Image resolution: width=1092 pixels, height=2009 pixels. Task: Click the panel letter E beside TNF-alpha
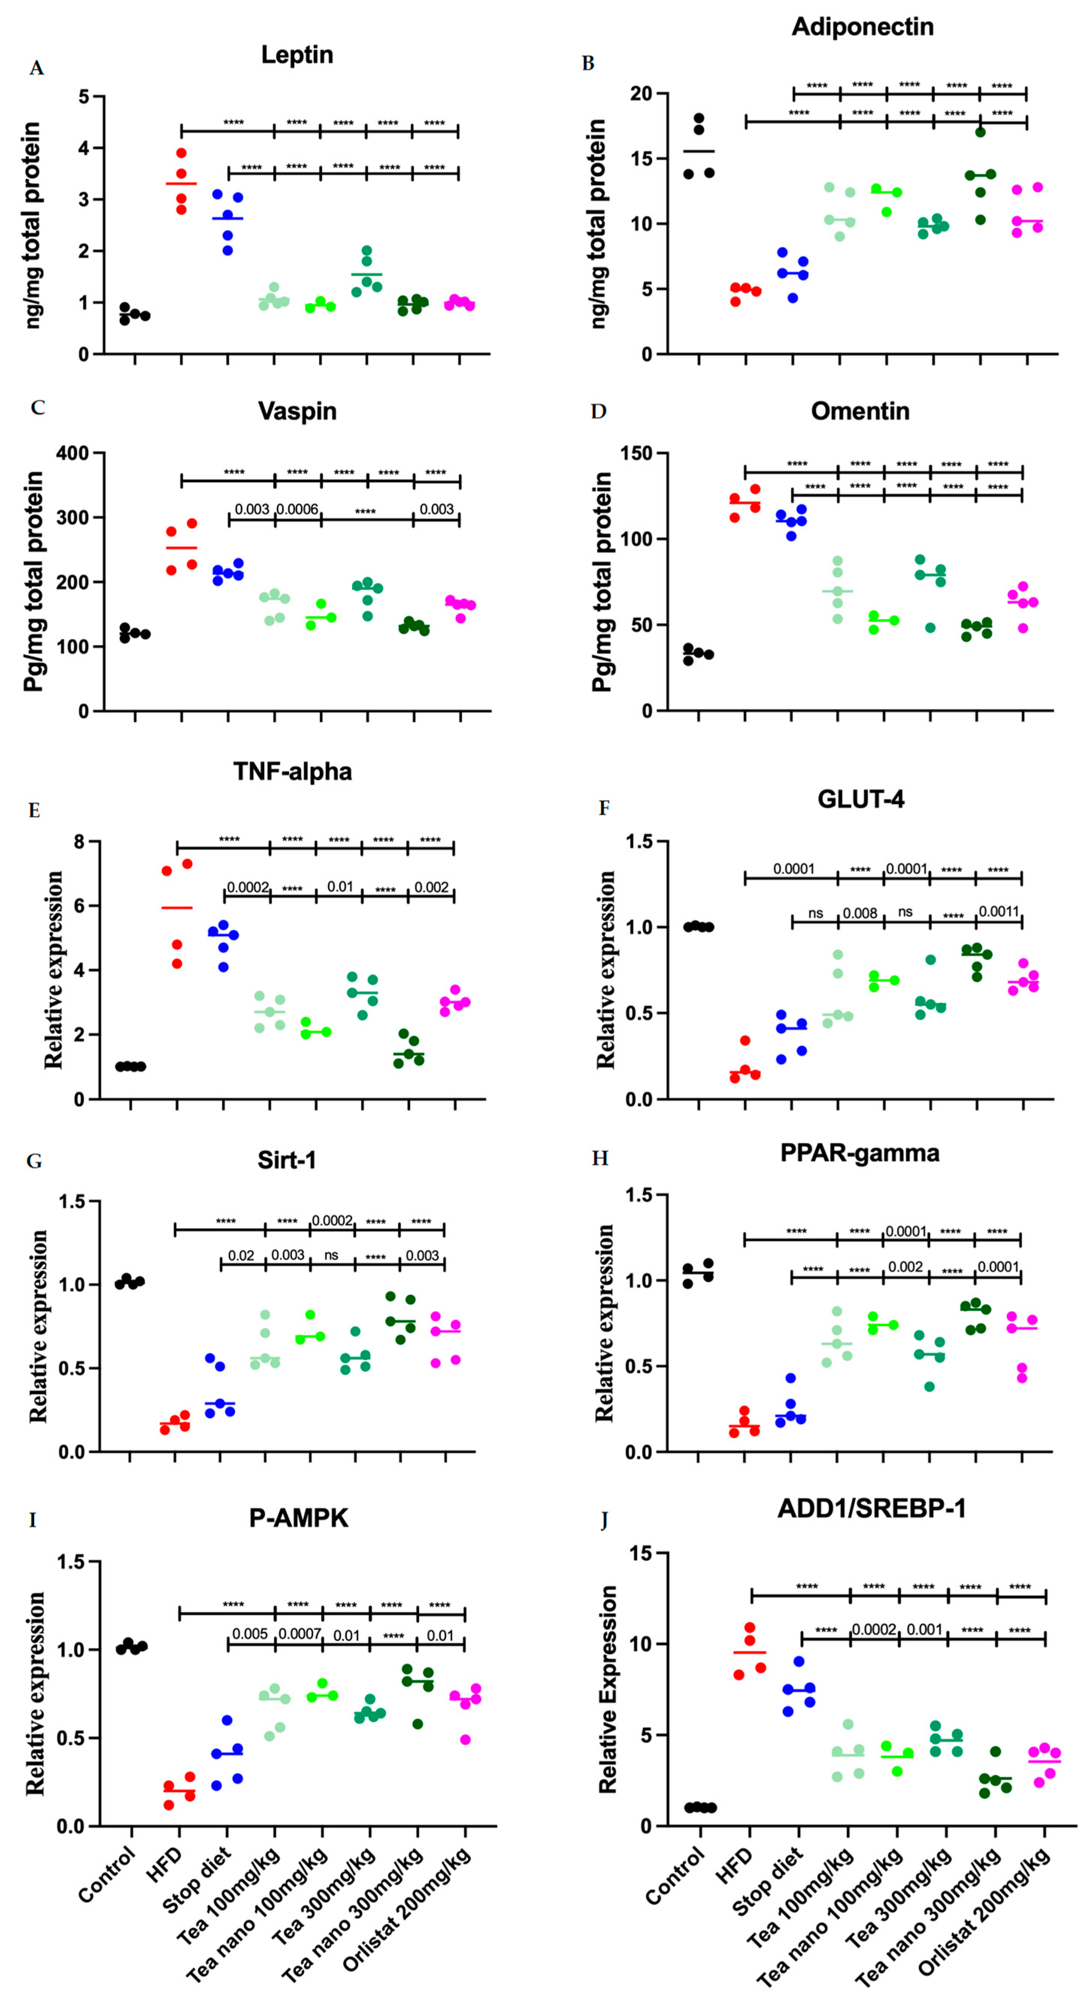coord(34,810)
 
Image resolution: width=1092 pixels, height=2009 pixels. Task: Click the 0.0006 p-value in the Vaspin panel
coord(297,509)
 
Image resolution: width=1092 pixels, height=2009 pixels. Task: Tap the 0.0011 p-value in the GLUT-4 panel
coord(998,911)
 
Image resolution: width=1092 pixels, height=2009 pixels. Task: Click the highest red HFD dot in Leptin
coord(181,153)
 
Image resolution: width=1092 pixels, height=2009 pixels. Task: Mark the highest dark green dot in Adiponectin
coord(980,132)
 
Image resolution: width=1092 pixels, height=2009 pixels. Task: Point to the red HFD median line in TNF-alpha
coord(177,908)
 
